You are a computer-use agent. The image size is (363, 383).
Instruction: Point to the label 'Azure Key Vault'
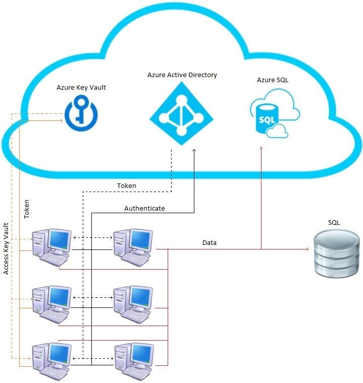81,88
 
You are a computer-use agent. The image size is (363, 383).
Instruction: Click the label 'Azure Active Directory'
182,75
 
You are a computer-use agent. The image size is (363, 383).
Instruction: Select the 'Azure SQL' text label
273,80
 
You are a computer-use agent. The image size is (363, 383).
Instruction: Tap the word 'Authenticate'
144,208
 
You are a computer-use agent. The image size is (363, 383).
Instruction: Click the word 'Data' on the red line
210,243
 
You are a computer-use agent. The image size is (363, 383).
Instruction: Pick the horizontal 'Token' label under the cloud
127,185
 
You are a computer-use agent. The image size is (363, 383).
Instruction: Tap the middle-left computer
51,304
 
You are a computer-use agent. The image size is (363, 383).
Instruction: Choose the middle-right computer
132,304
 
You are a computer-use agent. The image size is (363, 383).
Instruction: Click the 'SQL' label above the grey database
334,222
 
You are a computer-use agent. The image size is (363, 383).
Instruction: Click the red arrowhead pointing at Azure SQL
261,149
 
